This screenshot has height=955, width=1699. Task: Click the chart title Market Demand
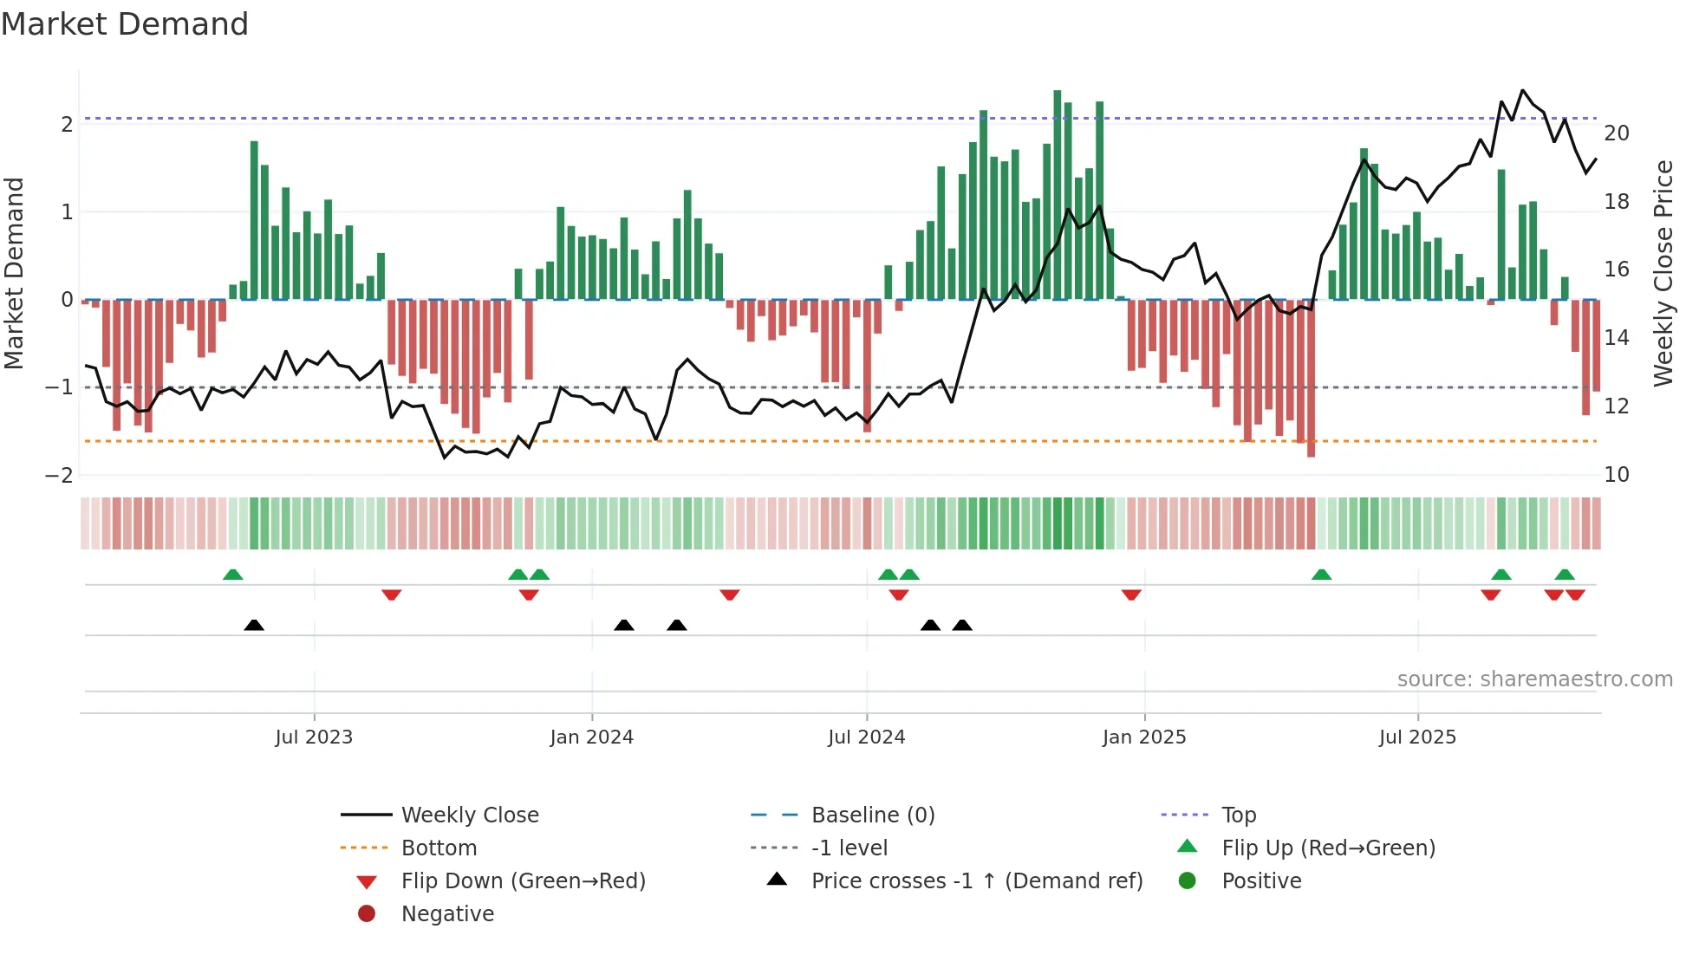125,24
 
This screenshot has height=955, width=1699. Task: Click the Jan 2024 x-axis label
591,737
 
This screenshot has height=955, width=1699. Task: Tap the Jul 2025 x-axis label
1417,737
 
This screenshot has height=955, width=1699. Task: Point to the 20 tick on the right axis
1616,133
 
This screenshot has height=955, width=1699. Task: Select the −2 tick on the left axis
60,475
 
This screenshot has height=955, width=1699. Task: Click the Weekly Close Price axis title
1663,273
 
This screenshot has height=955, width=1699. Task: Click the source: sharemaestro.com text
1534,679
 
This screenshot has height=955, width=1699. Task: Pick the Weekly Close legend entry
469,815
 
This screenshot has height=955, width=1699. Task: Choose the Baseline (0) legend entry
872,815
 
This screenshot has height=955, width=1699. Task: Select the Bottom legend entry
439,848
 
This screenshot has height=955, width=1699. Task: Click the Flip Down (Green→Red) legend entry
523,881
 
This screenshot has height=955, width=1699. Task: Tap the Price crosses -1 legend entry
976,881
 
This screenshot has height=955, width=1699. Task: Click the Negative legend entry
447,914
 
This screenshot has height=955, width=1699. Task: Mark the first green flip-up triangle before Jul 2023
232,575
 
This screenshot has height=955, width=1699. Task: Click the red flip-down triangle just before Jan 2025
1130,594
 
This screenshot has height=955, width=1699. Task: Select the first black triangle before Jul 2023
254,625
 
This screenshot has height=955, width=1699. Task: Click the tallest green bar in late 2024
1057,195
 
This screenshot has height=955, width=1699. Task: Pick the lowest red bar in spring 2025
1311,378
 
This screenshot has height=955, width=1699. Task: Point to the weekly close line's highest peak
1523,90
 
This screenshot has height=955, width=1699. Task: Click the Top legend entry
1238,815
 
